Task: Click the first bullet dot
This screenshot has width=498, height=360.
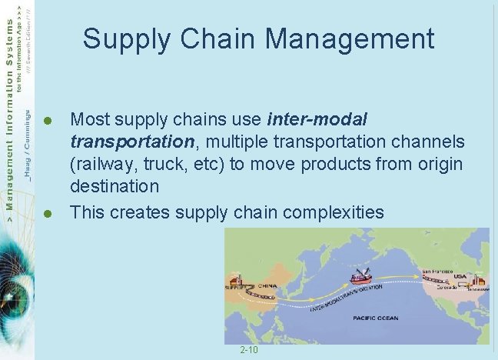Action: point(47,121)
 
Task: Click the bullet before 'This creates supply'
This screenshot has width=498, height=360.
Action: point(47,213)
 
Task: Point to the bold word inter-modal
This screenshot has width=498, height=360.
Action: point(317,120)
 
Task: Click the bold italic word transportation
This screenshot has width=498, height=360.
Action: point(131,142)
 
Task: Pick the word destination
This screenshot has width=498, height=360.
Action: point(115,187)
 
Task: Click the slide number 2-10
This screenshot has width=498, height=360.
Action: point(249,351)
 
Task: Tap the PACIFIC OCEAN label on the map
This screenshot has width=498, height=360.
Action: point(376,318)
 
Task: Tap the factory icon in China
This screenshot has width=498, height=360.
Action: point(235,282)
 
